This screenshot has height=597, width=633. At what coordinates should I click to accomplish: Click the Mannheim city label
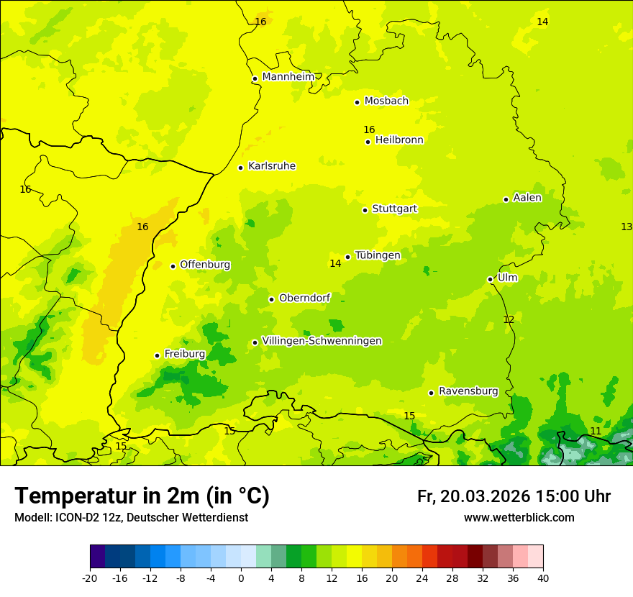pyautogui.click(x=288, y=77)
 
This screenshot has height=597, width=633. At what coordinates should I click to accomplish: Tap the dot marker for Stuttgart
pyautogui.click(x=365, y=210)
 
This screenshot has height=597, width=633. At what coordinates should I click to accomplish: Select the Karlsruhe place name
pyautogui.click(x=271, y=166)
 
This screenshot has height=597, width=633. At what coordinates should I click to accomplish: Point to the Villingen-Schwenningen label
pyautogui.click(x=322, y=341)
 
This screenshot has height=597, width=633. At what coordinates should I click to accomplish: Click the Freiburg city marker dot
pyautogui.click(x=157, y=355)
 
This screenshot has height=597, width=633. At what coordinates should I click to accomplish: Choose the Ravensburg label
pyautogui.click(x=468, y=391)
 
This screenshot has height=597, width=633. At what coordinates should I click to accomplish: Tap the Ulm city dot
pyautogui.click(x=491, y=279)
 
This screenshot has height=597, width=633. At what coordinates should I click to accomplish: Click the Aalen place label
pyautogui.click(x=527, y=198)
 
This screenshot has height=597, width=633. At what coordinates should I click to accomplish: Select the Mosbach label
pyautogui.click(x=386, y=101)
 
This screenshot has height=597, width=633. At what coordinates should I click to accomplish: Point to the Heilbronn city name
pyautogui.click(x=399, y=140)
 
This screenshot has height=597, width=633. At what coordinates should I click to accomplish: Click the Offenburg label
pyautogui.click(x=204, y=265)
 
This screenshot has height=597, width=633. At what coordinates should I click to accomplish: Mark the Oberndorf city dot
pyautogui.click(x=271, y=299)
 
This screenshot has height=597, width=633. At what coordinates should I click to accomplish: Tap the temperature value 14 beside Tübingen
pyautogui.click(x=335, y=263)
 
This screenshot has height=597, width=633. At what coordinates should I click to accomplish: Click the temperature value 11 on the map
pyautogui.click(x=596, y=431)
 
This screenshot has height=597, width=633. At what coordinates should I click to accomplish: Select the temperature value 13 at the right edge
pyautogui.click(x=626, y=227)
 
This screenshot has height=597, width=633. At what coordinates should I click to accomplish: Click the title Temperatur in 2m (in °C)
pyautogui.click(x=142, y=496)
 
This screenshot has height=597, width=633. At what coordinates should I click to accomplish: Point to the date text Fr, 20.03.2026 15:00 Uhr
pyautogui.click(x=514, y=496)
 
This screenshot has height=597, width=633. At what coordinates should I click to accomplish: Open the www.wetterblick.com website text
pyautogui.click(x=519, y=517)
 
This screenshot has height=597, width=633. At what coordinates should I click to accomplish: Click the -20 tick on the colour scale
pyautogui.click(x=90, y=578)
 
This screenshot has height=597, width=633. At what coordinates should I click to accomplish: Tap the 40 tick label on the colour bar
pyautogui.click(x=543, y=578)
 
